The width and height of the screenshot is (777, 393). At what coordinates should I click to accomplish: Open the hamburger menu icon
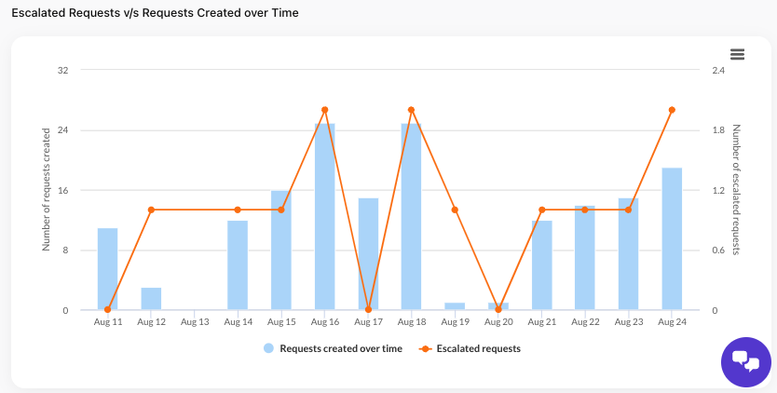(737, 55)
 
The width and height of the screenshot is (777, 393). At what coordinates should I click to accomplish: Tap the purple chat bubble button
(746, 361)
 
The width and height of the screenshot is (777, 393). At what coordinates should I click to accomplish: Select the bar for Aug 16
(324, 216)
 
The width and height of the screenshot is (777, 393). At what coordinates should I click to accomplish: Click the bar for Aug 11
(108, 268)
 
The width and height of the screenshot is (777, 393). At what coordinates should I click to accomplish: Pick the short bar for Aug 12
(151, 298)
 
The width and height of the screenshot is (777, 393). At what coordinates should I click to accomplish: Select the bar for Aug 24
(672, 238)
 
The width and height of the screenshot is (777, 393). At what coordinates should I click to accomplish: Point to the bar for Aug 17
(368, 253)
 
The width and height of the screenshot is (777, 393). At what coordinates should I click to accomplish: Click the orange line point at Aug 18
(412, 110)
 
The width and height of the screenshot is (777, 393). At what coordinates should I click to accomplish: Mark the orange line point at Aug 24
(672, 110)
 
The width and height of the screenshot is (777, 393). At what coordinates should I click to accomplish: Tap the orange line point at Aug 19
(455, 210)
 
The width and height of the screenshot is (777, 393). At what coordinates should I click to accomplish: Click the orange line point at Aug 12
(151, 210)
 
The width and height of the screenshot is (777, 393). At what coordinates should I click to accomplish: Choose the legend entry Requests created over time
(333, 348)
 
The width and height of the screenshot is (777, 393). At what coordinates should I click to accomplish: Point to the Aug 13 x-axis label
(195, 321)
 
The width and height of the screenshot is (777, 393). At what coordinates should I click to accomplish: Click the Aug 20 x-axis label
(498, 321)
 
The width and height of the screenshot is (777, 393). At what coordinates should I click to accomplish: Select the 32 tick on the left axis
(64, 70)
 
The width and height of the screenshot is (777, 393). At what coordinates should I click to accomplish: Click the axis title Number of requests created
(47, 190)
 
